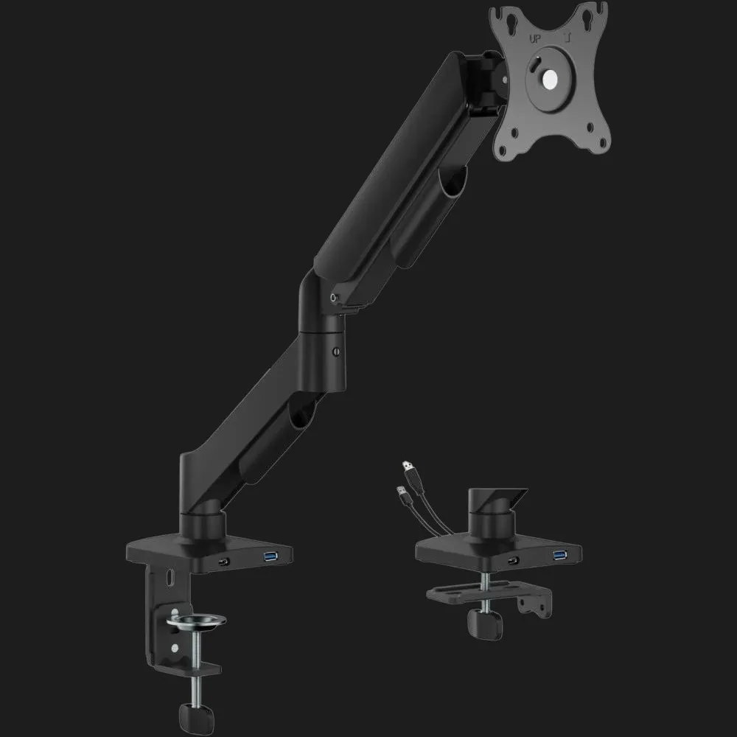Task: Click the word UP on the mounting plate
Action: [x=535, y=39]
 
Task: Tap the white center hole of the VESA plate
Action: [x=548, y=80]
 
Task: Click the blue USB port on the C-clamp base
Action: [x=270, y=557]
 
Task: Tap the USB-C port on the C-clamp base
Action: [x=224, y=562]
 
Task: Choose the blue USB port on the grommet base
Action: [x=560, y=555]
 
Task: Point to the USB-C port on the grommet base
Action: [x=514, y=560]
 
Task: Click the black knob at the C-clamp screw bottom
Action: [x=197, y=719]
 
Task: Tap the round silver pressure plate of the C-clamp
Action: [x=196, y=621]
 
